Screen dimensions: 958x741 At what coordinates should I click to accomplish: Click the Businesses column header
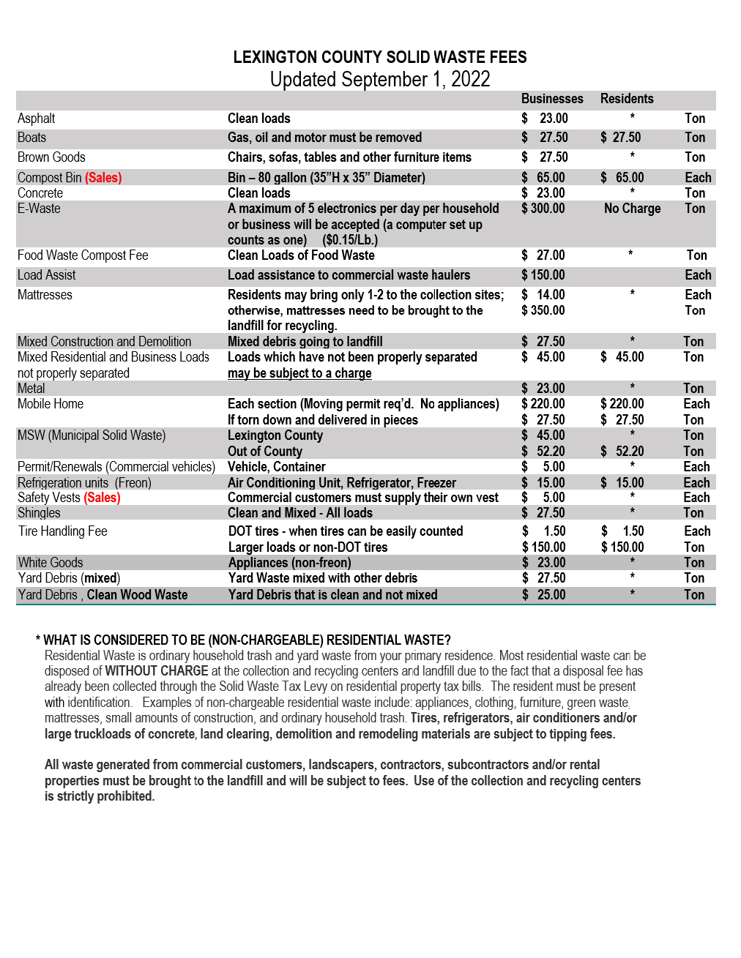click(x=552, y=99)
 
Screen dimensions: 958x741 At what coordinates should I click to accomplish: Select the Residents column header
click(x=627, y=99)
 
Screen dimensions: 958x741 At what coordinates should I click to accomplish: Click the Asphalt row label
click(x=37, y=119)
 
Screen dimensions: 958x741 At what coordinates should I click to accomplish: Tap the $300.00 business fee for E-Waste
click(x=543, y=209)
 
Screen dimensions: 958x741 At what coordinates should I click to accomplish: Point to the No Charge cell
click(x=633, y=209)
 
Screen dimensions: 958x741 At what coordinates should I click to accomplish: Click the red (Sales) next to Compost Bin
click(x=103, y=178)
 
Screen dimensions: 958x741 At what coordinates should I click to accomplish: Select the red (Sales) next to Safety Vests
click(x=103, y=498)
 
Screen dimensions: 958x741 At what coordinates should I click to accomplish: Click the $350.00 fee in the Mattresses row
click(x=543, y=310)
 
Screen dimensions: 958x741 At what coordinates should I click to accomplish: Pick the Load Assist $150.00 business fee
click(x=543, y=275)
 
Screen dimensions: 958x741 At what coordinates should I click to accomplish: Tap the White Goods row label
click(x=51, y=563)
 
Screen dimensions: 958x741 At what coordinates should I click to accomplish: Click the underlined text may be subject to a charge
click(x=299, y=373)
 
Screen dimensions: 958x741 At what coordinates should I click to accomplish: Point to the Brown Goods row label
click(x=51, y=157)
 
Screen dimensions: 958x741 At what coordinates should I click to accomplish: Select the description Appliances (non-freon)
click(x=290, y=563)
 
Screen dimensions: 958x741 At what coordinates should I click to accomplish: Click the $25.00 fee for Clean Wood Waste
click(x=544, y=595)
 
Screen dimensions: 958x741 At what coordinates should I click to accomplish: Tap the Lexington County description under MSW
click(x=275, y=435)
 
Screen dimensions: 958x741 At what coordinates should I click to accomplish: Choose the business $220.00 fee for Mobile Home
click(x=543, y=404)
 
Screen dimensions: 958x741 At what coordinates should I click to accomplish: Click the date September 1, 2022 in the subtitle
click(x=416, y=79)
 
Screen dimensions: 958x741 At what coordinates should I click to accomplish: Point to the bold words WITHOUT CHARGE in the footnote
click(x=157, y=671)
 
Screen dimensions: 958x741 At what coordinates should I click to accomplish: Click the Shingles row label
click(x=39, y=513)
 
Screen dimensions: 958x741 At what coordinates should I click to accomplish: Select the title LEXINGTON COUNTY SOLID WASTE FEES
click(x=380, y=57)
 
